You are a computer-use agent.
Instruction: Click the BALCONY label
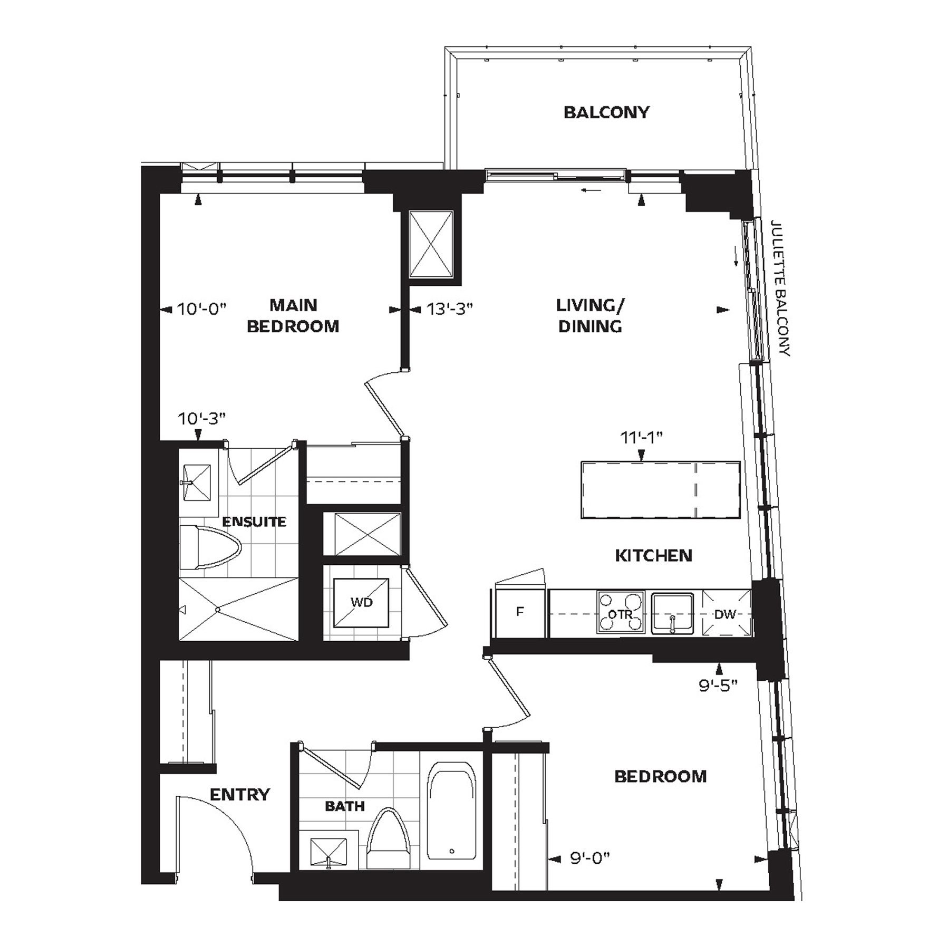(x=606, y=112)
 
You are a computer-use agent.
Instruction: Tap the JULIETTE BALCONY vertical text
(x=780, y=288)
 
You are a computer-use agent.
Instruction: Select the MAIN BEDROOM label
(x=293, y=315)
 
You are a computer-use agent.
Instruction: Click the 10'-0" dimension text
(x=201, y=309)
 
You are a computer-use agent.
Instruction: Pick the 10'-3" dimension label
(x=202, y=419)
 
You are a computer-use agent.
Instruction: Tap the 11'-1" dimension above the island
(x=642, y=437)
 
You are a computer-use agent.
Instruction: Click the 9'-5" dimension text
(x=718, y=686)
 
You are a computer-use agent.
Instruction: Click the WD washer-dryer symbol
(x=362, y=603)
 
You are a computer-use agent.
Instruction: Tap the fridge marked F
(x=520, y=612)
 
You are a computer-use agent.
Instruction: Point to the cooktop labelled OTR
(x=621, y=612)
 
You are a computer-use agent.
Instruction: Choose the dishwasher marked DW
(x=726, y=613)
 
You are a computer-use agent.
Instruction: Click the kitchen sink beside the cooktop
(x=672, y=613)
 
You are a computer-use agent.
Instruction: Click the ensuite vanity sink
(x=196, y=482)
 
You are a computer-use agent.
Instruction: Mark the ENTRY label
(x=240, y=794)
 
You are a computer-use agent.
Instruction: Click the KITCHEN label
(x=654, y=555)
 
